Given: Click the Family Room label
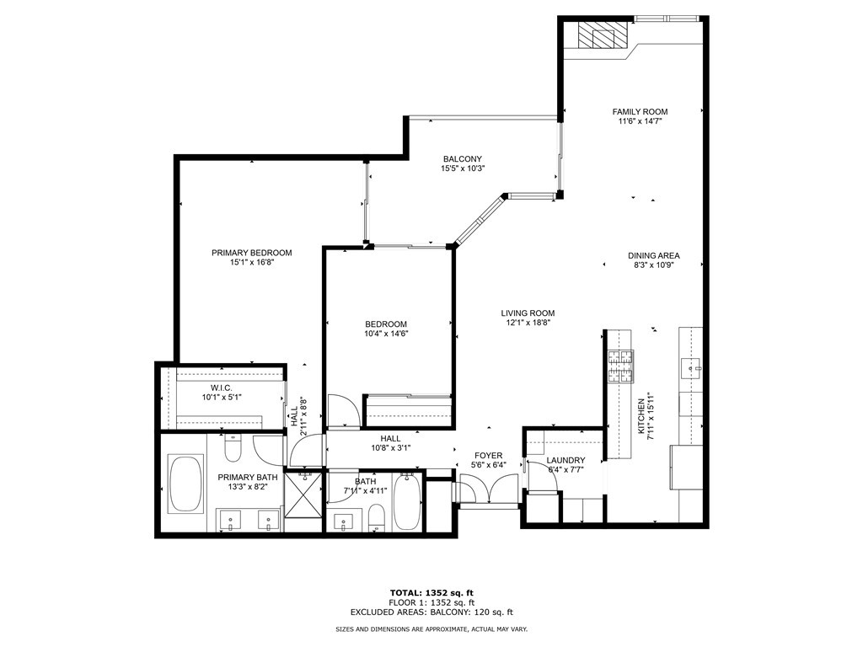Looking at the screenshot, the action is tap(640, 112).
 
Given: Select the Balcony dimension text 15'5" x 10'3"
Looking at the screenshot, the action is tap(463, 168).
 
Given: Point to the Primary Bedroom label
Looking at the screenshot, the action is tap(251, 253).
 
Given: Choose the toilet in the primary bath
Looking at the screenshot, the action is tap(233, 447).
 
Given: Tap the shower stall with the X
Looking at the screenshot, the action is tap(303, 495).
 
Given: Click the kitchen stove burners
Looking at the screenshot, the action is tap(619, 366).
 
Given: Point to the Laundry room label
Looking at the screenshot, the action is tap(566, 461).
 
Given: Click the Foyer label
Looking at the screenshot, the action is tap(488, 456).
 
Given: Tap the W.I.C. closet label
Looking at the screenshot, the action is tap(222, 388).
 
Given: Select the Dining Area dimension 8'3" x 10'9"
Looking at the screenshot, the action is tap(653, 265).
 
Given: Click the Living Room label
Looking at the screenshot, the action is tap(528, 313).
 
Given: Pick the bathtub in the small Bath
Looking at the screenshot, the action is tap(406, 502).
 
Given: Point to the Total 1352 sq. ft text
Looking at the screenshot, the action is tap(431, 593).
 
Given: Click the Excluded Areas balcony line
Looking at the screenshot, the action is tap(431, 612).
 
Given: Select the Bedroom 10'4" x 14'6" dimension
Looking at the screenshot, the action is tap(386, 334).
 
